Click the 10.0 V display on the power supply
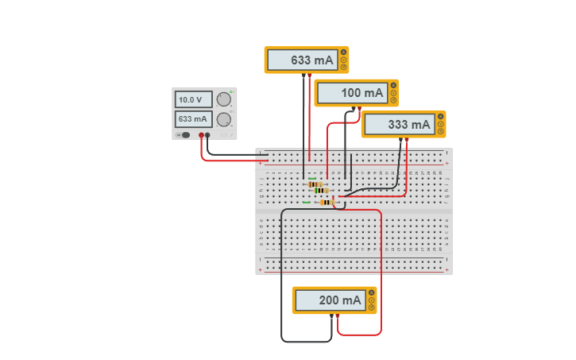194,100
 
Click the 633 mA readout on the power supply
194,119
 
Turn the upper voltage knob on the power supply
224,100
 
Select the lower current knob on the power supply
224,120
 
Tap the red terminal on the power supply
201,136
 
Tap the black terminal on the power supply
207,136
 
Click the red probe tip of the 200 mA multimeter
338,316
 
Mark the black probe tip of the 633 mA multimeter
303,75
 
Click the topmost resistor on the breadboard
315,184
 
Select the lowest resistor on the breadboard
326,202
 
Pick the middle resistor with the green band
321,191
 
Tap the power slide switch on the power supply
186,135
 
